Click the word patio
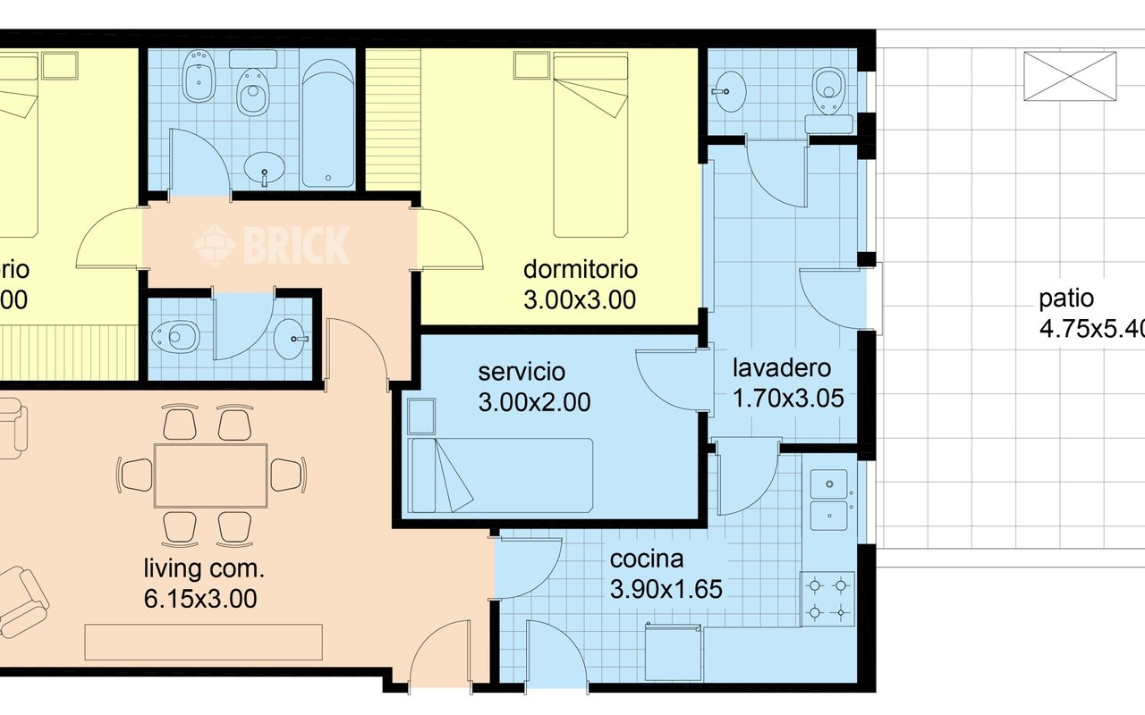coord(1066,299)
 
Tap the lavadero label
coord(782,367)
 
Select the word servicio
coord(522,371)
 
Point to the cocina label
coord(647,559)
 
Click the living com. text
coord(204,568)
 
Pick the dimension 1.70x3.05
coord(788,399)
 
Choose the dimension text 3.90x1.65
coord(666,589)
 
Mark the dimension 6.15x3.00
coord(200,599)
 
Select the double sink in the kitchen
coord(833,500)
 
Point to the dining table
coord(211,475)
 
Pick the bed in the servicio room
coord(500,475)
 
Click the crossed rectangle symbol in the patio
coord(1070,76)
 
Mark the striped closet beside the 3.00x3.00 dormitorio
coord(393,119)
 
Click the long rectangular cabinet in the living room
coord(203,642)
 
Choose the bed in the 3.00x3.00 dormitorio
coord(589,143)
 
